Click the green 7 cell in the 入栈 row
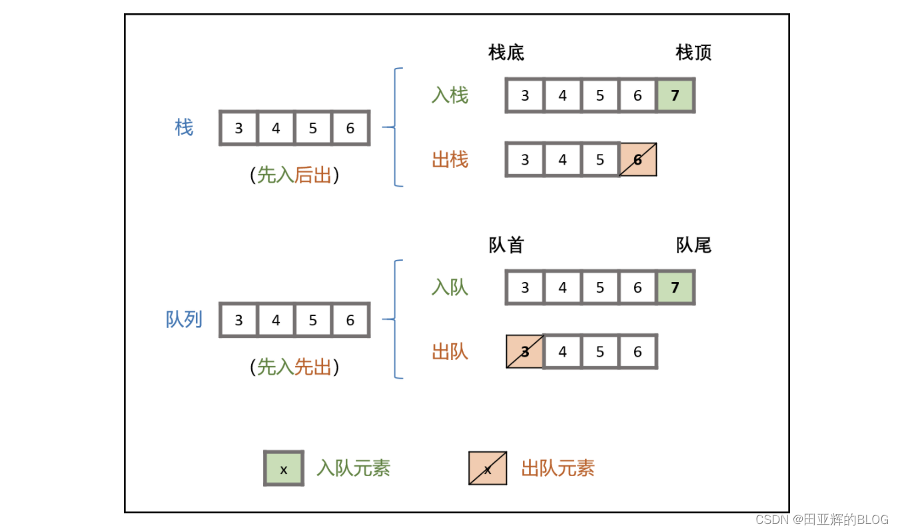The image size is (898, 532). click(x=675, y=95)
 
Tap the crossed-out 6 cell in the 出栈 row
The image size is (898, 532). click(x=638, y=160)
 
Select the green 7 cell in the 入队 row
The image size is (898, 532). click(x=675, y=287)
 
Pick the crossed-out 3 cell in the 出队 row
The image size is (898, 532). click(x=525, y=351)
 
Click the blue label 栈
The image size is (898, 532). click(x=184, y=127)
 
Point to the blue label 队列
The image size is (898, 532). click(x=184, y=319)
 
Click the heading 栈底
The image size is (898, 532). click(x=506, y=53)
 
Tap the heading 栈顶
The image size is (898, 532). click(x=693, y=53)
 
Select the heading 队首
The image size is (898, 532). click(x=506, y=245)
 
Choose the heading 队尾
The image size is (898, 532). click(x=693, y=245)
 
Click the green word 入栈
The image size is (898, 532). click(x=450, y=95)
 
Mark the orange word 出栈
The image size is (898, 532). click(x=450, y=160)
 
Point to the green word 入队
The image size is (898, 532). click(x=450, y=287)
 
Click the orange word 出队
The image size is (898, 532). click(x=450, y=351)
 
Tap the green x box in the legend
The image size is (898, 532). click(x=284, y=469)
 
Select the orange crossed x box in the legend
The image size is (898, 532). click(x=488, y=469)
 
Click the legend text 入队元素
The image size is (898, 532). click(x=353, y=469)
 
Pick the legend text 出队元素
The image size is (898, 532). click(x=558, y=469)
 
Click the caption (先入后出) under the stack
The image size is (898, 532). click(x=294, y=175)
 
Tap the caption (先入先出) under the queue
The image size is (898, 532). click(x=294, y=367)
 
